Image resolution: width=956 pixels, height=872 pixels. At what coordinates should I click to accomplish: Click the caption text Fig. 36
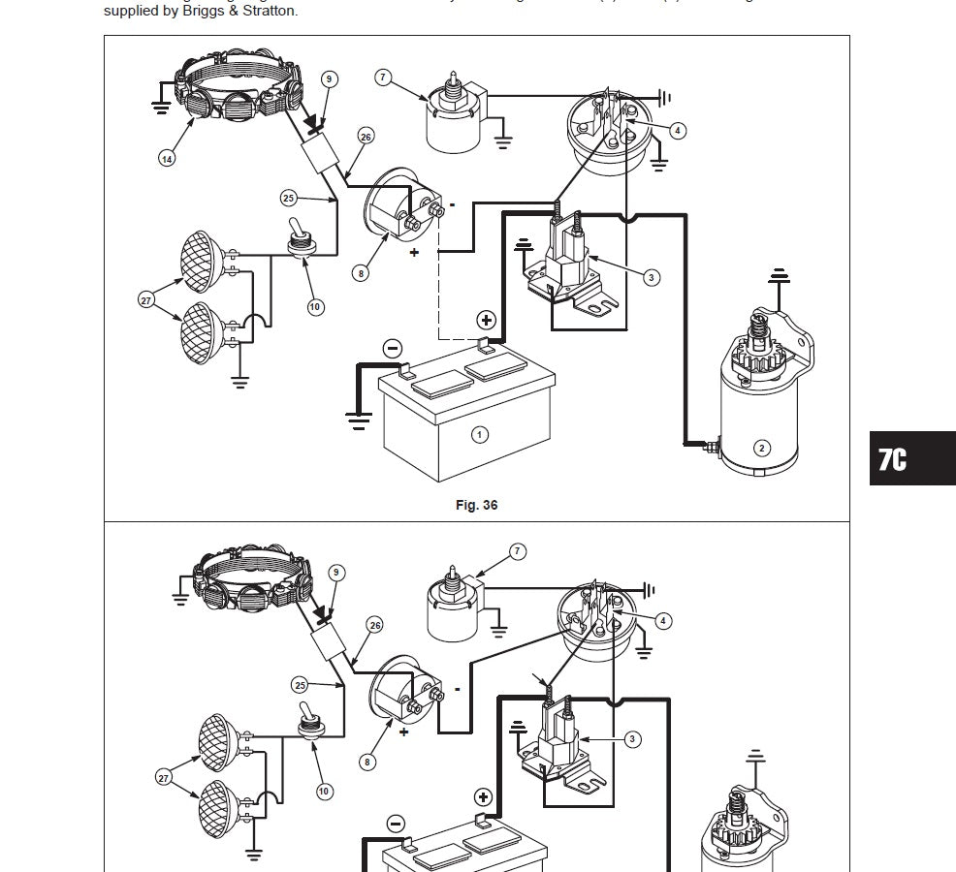[476, 505]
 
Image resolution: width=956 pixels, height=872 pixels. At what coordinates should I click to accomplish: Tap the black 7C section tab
[911, 458]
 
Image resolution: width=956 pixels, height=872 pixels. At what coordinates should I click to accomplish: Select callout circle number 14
[167, 158]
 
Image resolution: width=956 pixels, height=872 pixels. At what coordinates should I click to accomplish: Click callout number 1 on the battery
[479, 434]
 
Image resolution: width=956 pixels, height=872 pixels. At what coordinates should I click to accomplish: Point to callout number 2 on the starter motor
[762, 447]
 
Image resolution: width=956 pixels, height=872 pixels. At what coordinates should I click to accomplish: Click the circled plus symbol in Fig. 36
[486, 321]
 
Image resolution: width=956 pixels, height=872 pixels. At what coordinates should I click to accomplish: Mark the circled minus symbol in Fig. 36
[393, 348]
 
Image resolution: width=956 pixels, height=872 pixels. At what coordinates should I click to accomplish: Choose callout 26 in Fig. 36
[366, 137]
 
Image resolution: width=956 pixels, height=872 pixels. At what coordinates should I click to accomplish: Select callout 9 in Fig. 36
[329, 78]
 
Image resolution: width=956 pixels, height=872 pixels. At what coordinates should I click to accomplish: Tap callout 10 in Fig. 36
[315, 307]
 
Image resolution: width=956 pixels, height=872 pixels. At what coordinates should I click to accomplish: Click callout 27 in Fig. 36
[146, 300]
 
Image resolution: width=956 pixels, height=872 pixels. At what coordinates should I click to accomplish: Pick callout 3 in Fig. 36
[651, 277]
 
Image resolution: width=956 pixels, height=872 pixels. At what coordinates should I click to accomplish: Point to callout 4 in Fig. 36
[678, 130]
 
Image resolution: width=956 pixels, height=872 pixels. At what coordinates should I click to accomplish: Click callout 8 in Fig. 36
[361, 273]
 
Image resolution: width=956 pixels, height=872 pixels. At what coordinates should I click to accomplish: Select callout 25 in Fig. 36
[288, 198]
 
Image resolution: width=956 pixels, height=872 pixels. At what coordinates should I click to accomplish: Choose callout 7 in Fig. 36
[383, 78]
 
